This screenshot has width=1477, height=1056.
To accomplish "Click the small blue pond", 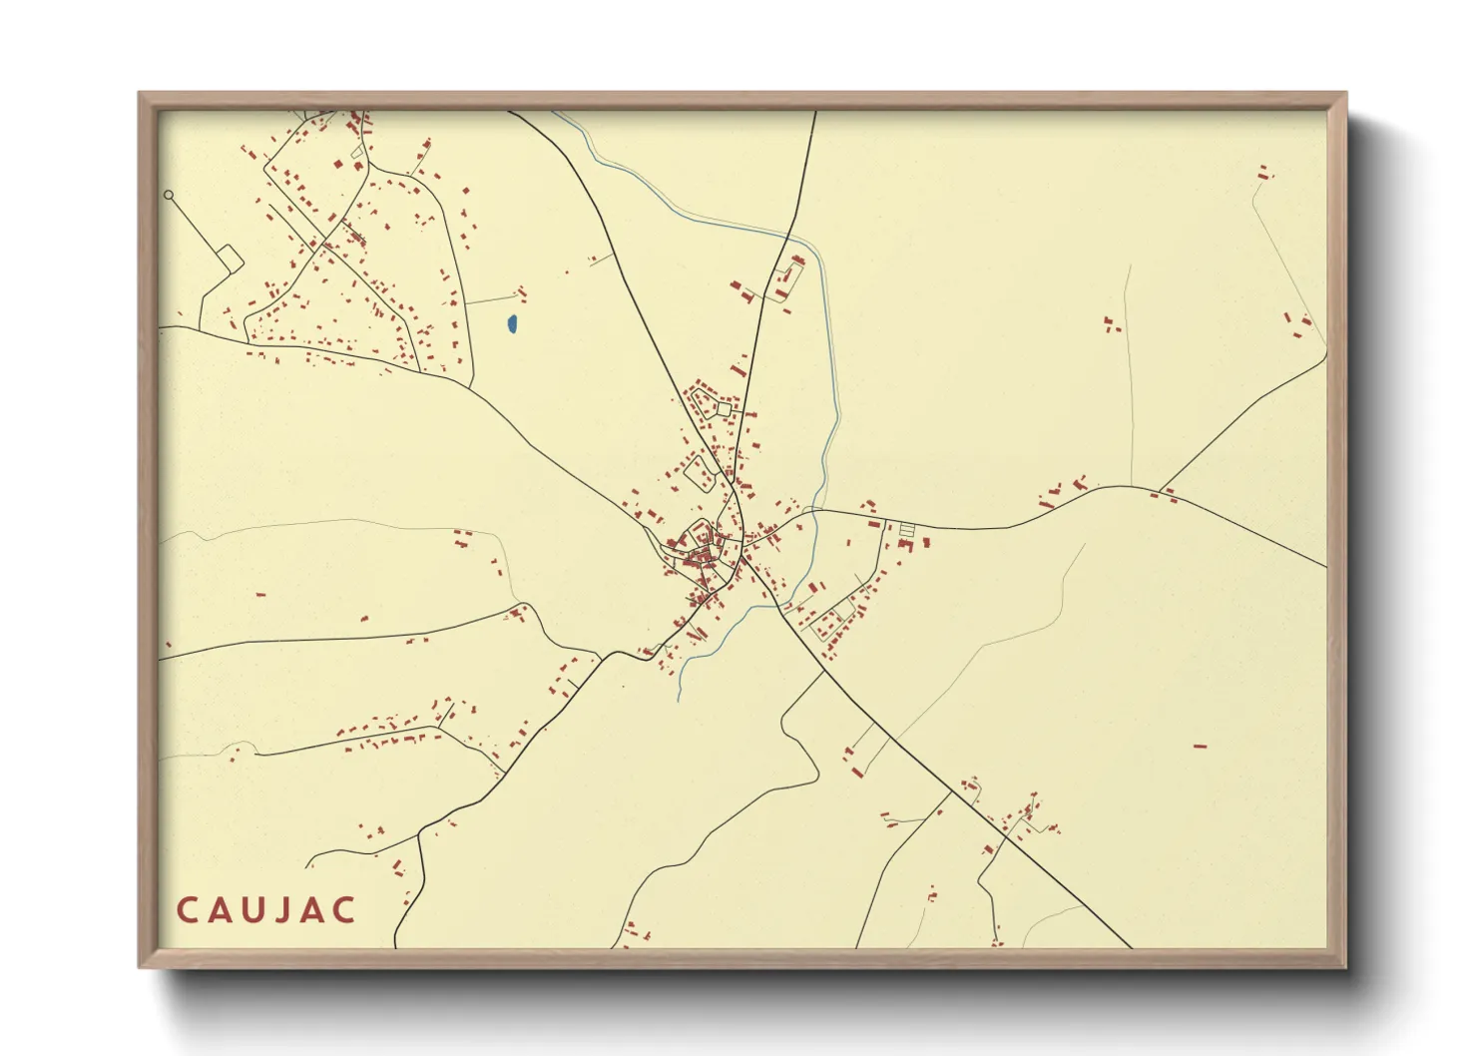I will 512,323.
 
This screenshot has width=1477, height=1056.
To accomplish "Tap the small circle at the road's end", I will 169,195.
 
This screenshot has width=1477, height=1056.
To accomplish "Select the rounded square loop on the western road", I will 230,260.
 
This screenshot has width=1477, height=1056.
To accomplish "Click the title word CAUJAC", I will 266,910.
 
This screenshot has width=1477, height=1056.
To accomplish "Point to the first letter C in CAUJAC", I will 187,910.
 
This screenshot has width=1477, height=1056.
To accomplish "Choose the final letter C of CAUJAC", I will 345,910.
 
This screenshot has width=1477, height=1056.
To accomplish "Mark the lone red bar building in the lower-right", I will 1201,745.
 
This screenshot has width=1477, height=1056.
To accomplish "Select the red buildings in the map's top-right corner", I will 1264,173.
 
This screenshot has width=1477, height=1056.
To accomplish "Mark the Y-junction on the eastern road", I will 1160,490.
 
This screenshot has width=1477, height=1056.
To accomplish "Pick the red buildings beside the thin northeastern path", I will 1111,324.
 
